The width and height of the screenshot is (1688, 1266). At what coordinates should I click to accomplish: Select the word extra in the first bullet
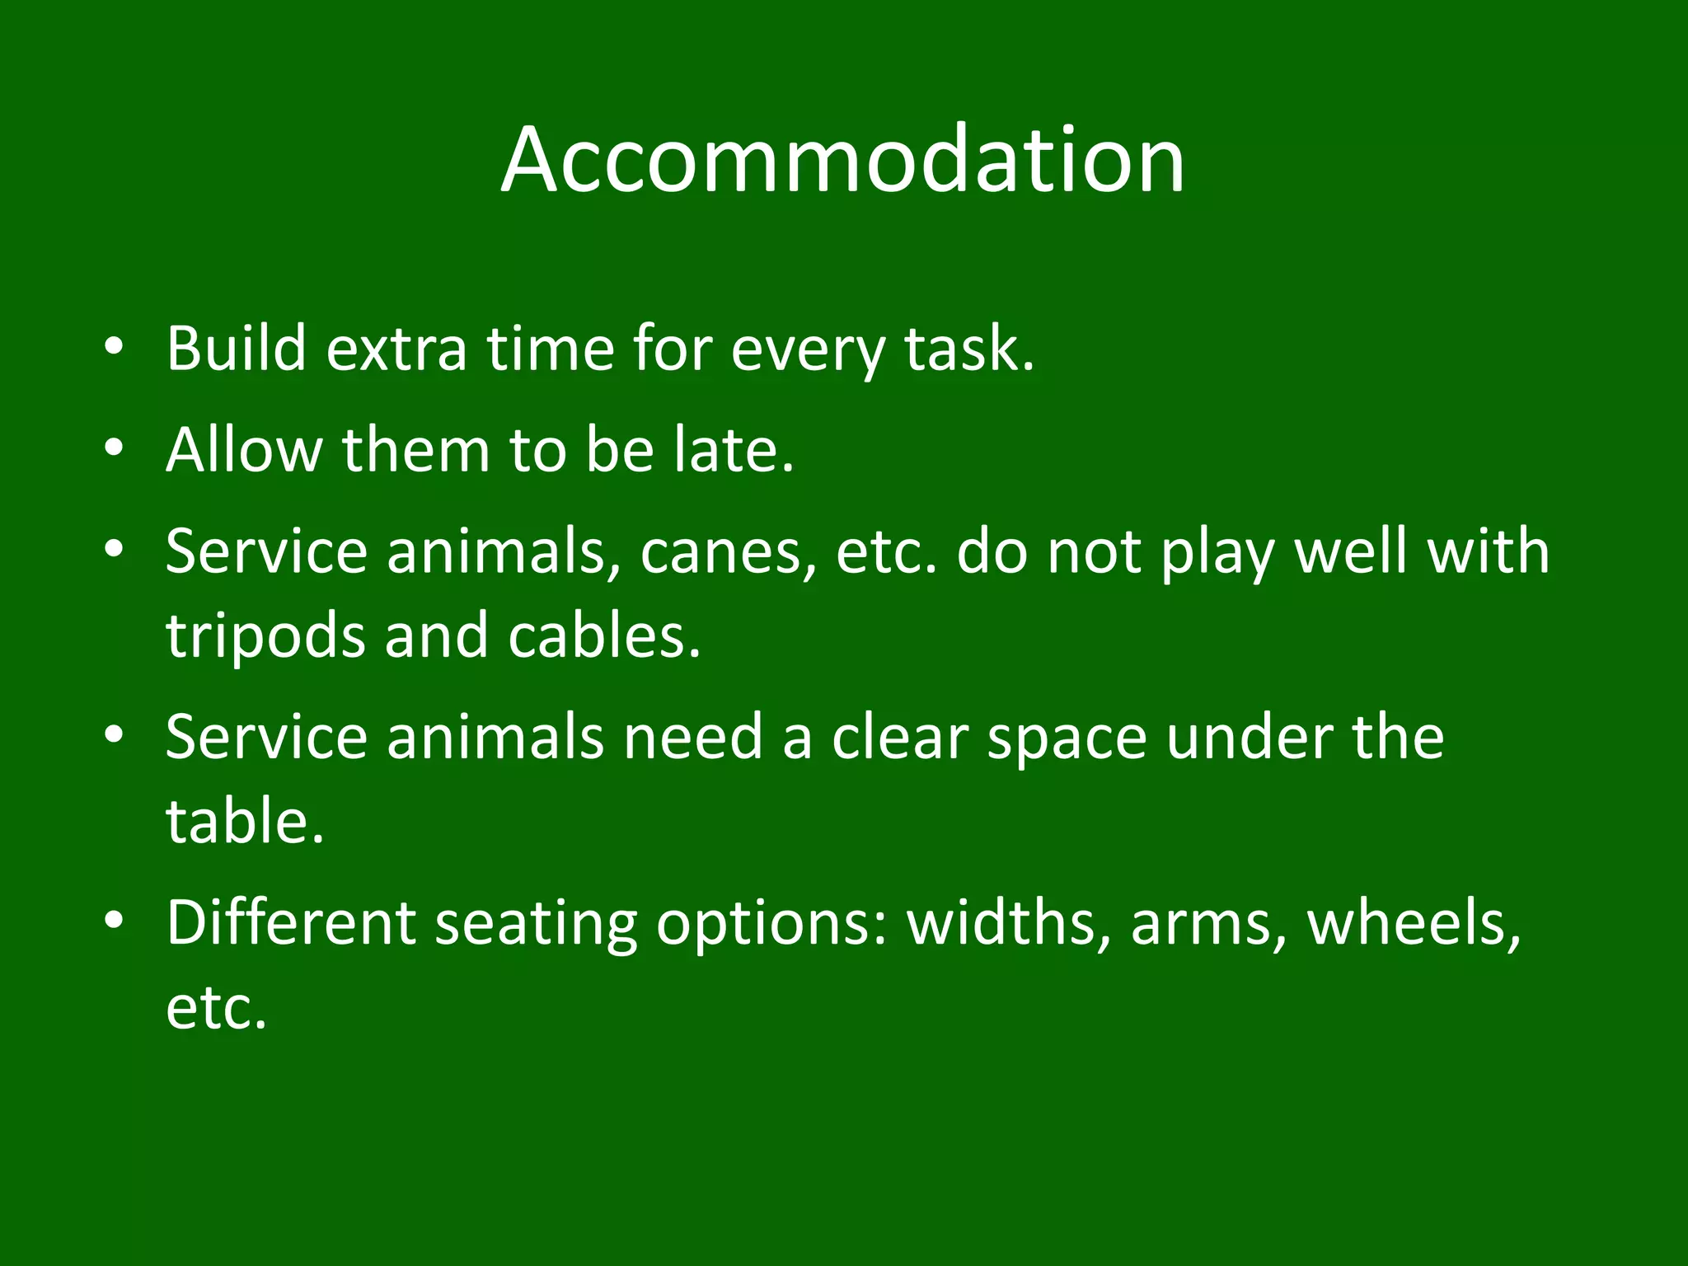(x=396, y=349)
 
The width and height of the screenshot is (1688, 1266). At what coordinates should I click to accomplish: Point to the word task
(x=968, y=349)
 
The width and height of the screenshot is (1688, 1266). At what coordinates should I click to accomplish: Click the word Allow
(x=244, y=450)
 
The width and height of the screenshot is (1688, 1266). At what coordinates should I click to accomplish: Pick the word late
(x=733, y=450)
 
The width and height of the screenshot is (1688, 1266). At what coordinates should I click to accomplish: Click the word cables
(x=604, y=636)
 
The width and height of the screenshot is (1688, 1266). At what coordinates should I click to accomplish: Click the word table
(x=245, y=822)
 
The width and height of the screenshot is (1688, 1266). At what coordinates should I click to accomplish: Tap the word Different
(x=291, y=922)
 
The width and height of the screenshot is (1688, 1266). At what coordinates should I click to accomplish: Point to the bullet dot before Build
(x=115, y=347)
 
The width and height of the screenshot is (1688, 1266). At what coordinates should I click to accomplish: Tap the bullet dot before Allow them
(x=115, y=448)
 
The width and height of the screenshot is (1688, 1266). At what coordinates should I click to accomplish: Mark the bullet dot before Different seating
(x=115, y=919)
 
